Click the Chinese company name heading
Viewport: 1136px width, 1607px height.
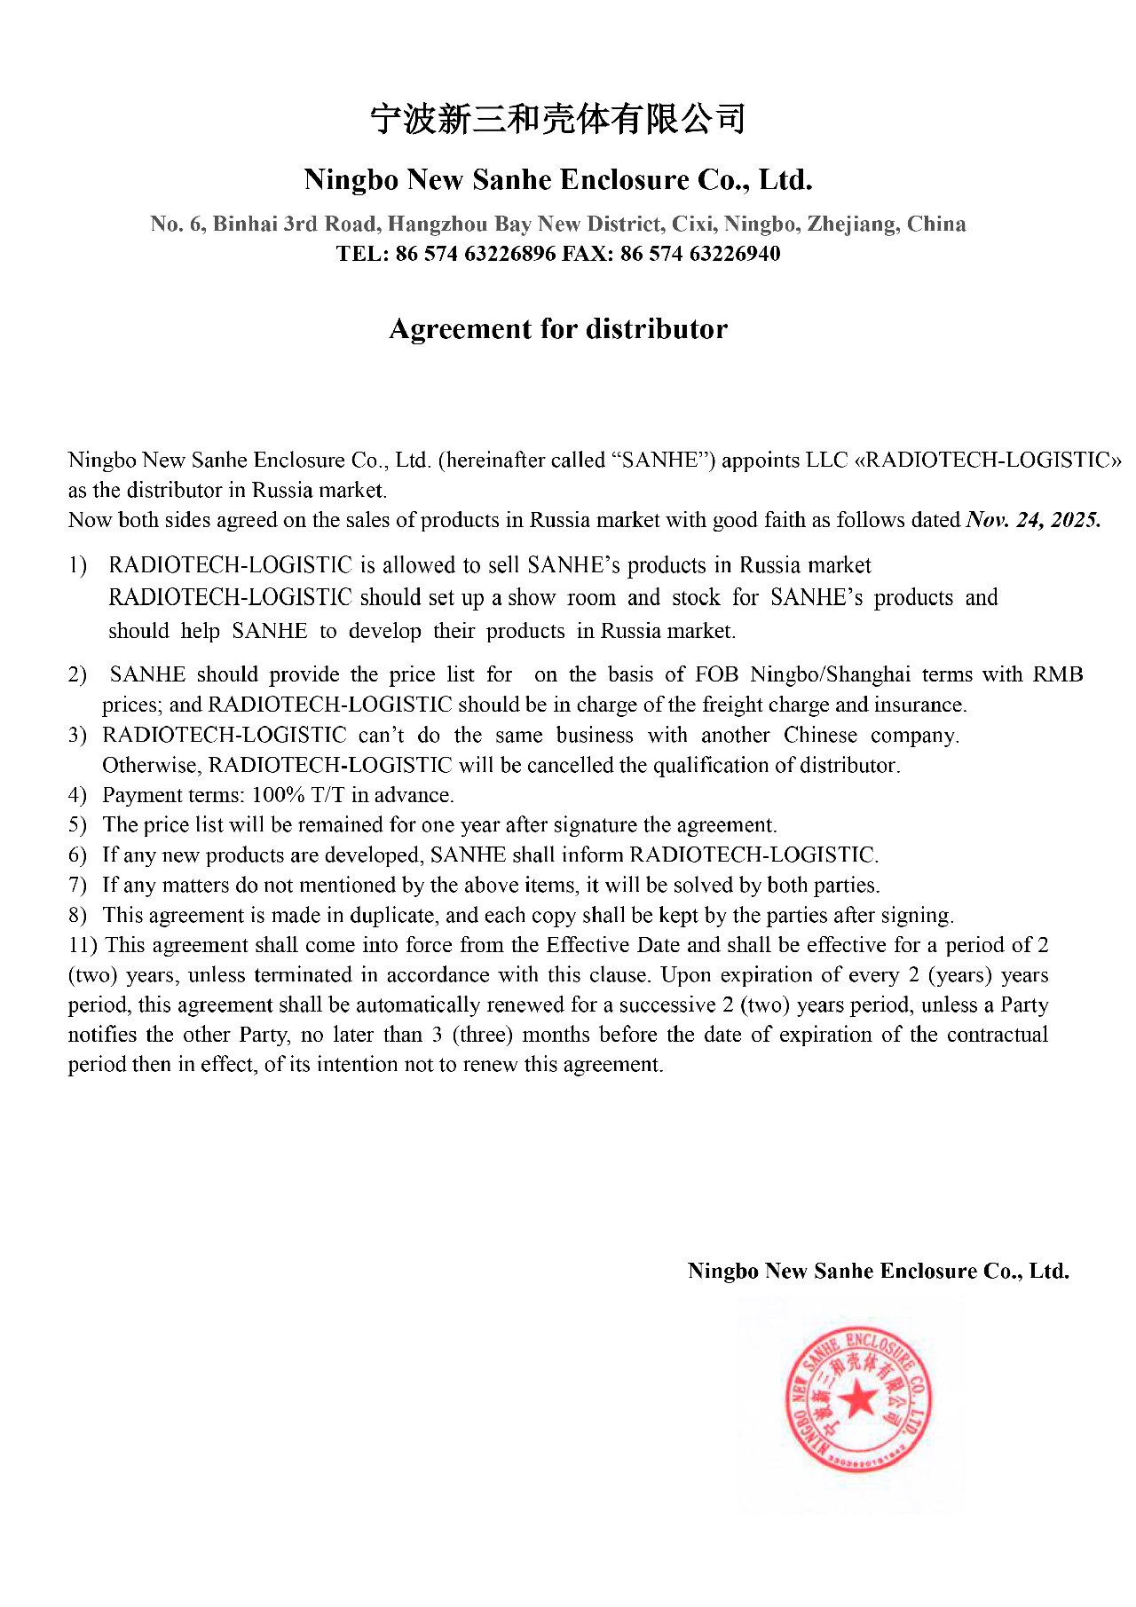click(557, 119)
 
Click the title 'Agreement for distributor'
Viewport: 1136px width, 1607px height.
click(558, 329)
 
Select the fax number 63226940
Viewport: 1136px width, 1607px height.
click(735, 254)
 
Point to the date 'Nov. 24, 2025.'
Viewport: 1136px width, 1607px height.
click(1033, 520)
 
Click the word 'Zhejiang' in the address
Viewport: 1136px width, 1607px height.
click(851, 224)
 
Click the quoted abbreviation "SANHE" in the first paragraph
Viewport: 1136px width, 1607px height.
click(663, 460)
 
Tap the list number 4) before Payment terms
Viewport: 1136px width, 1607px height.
click(77, 795)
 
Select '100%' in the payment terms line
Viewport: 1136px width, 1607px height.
click(279, 795)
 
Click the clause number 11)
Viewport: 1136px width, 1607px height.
click(83, 945)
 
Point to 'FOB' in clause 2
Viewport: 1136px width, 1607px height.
click(716, 674)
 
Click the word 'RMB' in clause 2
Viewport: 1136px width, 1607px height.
click(1058, 674)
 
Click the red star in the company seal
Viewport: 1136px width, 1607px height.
click(858, 1401)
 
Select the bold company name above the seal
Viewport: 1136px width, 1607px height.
click(878, 1271)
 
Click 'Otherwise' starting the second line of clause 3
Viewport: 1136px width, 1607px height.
click(149, 766)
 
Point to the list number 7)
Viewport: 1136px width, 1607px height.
click(77, 886)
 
